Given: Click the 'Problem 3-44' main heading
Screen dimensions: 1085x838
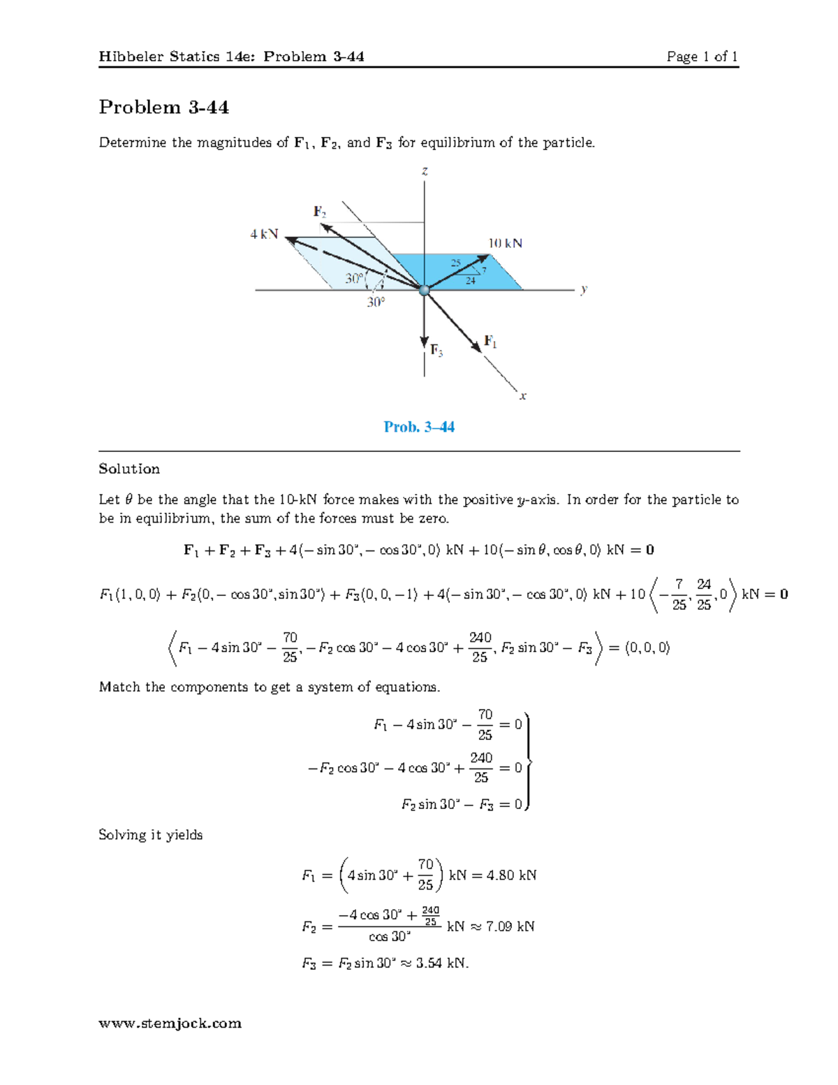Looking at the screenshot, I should click(x=163, y=107).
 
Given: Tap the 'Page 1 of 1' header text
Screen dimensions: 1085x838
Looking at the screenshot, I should click(x=702, y=57).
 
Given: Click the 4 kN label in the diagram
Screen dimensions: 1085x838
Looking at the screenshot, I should click(x=264, y=235).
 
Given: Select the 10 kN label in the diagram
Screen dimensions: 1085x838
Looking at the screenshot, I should click(x=505, y=243).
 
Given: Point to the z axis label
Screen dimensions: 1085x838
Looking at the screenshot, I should click(x=425, y=171).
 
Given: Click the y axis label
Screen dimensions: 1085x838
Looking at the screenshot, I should click(x=584, y=289).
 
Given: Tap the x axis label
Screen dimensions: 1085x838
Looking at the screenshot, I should click(x=522, y=396).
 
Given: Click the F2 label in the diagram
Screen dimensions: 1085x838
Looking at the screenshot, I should click(x=320, y=211).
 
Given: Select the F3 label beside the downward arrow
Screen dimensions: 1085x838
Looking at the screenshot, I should click(x=436, y=350).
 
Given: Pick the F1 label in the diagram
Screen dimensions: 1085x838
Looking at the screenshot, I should click(x=491, y=342).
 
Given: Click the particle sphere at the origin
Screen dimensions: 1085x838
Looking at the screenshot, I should click(x=424, y=290).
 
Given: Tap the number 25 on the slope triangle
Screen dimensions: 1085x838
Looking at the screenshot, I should click(x=455, y=263).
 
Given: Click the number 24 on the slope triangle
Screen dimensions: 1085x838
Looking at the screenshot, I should click(x=471, y=281).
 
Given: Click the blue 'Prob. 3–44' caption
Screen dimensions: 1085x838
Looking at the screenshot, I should click(x=419, y=427).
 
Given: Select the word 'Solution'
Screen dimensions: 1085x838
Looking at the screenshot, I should click(x=129, y=469).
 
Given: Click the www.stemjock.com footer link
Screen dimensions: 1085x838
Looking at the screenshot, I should click(x=170, y=1024).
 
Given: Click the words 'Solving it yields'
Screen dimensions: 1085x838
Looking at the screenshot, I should click(x=150, y=835).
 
